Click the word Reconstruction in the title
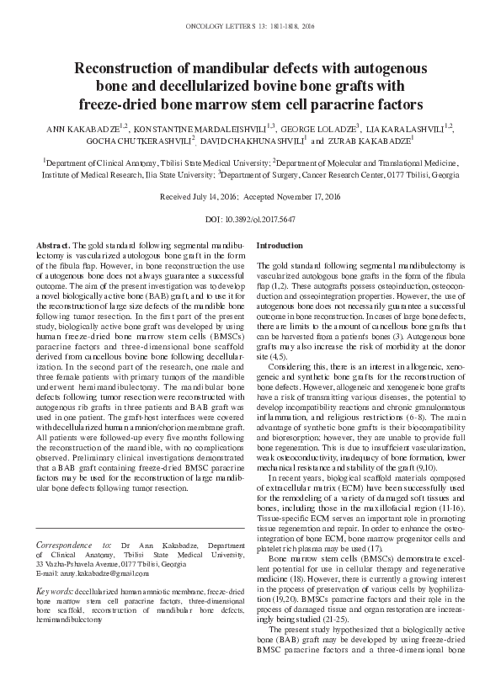[x=125, y=67]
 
